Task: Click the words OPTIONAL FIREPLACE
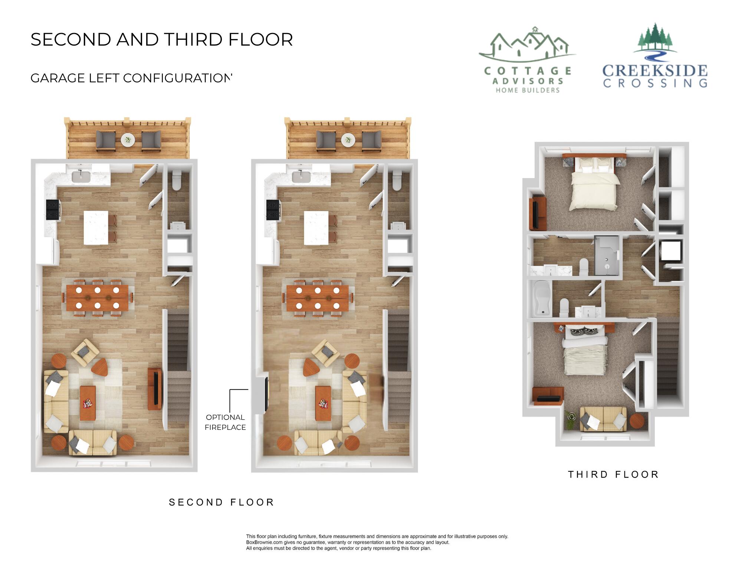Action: pos(225,422)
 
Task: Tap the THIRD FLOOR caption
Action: pos(613,475)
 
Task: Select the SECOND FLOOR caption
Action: pos(221,503)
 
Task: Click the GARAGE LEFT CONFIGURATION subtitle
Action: pos(131,78)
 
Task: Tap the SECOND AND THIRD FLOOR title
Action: pos(162,40)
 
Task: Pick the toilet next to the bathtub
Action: pos(564,307)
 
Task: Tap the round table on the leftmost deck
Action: pos(128,140)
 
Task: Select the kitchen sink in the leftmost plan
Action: pos(81,177)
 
